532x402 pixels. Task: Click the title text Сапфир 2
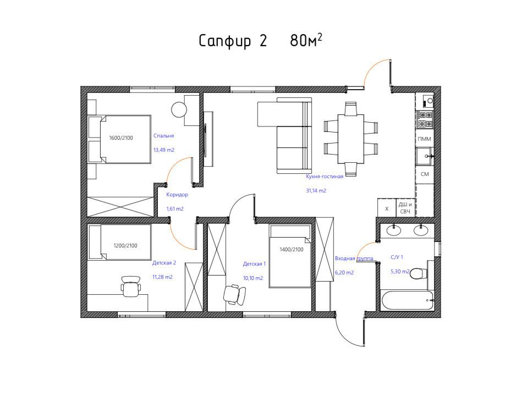(233, 41)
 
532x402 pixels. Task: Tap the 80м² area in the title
(306, 40)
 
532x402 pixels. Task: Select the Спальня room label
(163, 136)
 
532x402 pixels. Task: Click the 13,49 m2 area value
(164, 150)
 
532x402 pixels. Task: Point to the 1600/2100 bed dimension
(121, 137)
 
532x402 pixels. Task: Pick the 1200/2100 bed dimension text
(125, 246)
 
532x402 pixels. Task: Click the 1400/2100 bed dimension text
(292, 249)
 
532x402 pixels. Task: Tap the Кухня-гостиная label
(325, 177)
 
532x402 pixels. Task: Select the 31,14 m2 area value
(316, 191)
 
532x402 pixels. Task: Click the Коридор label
(177, 195)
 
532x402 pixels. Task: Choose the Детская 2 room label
(164, 262)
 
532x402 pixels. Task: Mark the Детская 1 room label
(255, 263)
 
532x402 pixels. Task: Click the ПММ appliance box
(425, 139)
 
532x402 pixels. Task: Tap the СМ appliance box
(425, 174)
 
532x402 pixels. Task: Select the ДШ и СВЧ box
(405, 208)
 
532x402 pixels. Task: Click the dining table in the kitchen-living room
(350, 139)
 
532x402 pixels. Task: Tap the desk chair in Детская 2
(130, 287)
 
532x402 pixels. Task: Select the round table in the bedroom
(179, 110)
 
